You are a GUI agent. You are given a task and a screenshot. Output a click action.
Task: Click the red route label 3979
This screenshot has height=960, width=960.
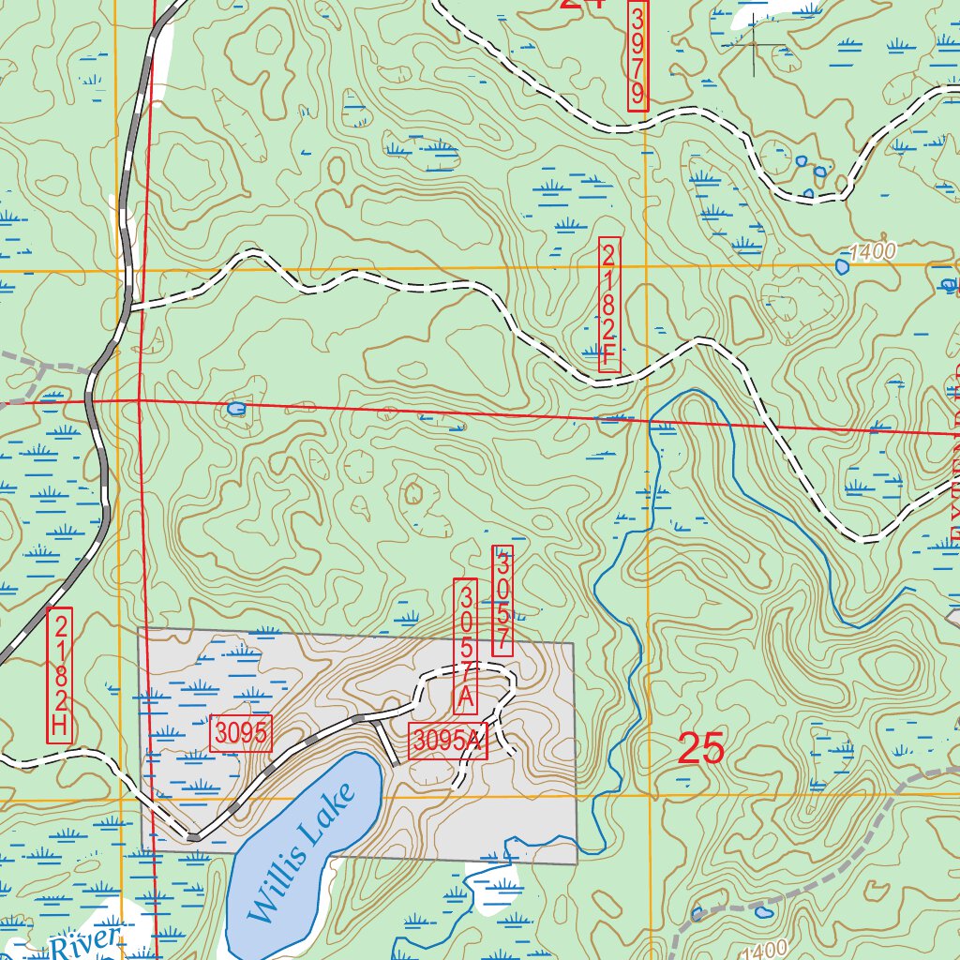[x=637, y=55]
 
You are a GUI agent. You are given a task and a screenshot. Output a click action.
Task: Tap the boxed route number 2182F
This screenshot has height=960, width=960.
[x=608, y=304]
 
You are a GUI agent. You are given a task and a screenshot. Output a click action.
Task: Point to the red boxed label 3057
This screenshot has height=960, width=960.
[x=502, y=601]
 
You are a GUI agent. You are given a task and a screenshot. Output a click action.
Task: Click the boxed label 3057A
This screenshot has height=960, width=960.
[x=466, y=646]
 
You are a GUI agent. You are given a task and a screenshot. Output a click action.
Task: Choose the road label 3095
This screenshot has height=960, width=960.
[x=242, y=734]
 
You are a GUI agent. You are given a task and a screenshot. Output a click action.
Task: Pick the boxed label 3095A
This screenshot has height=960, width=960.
[x=448, y=741]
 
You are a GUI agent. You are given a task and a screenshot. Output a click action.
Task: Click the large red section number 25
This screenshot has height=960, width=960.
[x=700, y=749]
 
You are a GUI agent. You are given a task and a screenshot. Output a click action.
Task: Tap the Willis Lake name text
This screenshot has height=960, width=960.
[x=302, y=851]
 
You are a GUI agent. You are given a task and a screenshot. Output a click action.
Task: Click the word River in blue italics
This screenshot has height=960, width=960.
[x=86, y=942]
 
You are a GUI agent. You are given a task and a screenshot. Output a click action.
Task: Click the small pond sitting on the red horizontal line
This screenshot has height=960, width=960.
[x=236, y=409]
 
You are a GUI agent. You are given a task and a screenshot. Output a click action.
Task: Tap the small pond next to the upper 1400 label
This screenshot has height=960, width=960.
[x=842, y=266]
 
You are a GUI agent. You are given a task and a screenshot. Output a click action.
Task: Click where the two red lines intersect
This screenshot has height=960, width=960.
[x=139, y=400]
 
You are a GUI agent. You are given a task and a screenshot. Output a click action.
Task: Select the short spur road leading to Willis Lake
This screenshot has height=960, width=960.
[x=385, y=742]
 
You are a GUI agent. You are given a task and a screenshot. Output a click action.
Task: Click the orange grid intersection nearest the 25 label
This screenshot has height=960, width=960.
[x=648, y=796]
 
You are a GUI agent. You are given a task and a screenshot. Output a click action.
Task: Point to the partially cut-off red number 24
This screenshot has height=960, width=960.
[x=581, y=3]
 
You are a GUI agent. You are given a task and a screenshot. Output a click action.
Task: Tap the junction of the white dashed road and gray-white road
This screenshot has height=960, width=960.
[x=131, y=306]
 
